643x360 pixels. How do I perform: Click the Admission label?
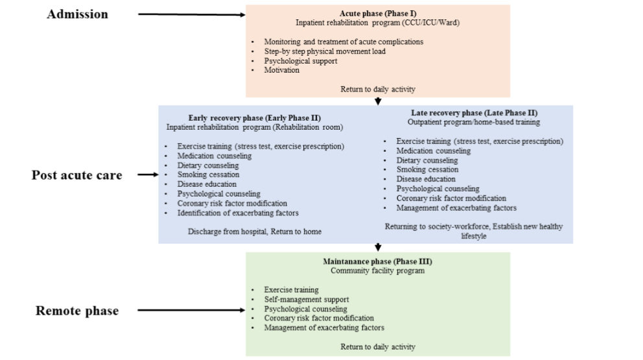coord(77,14)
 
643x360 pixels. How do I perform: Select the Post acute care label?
coord(76,175)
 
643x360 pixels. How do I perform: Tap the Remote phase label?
coord(76,311)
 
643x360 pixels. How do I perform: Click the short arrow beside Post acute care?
coord(148,174)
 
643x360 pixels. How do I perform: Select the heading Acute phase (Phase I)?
coord(378,13)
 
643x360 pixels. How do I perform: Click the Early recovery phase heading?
coord(254,118)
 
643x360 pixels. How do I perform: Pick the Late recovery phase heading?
coord(474,113)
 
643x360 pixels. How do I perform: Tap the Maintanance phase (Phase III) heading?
coord(378,261)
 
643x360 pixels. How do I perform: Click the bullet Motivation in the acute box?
coord(281,70)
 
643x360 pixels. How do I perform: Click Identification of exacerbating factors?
coord(238,213)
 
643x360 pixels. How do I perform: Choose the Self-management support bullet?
coord(306,300)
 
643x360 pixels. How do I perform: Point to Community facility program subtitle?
coord(378,270)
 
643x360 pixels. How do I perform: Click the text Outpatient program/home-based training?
coord(474,122)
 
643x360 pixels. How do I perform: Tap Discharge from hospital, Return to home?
coord(254,232)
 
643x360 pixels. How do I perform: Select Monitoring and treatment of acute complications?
coord(344,42)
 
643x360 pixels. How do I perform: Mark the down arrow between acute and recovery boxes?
coord(378,101)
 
